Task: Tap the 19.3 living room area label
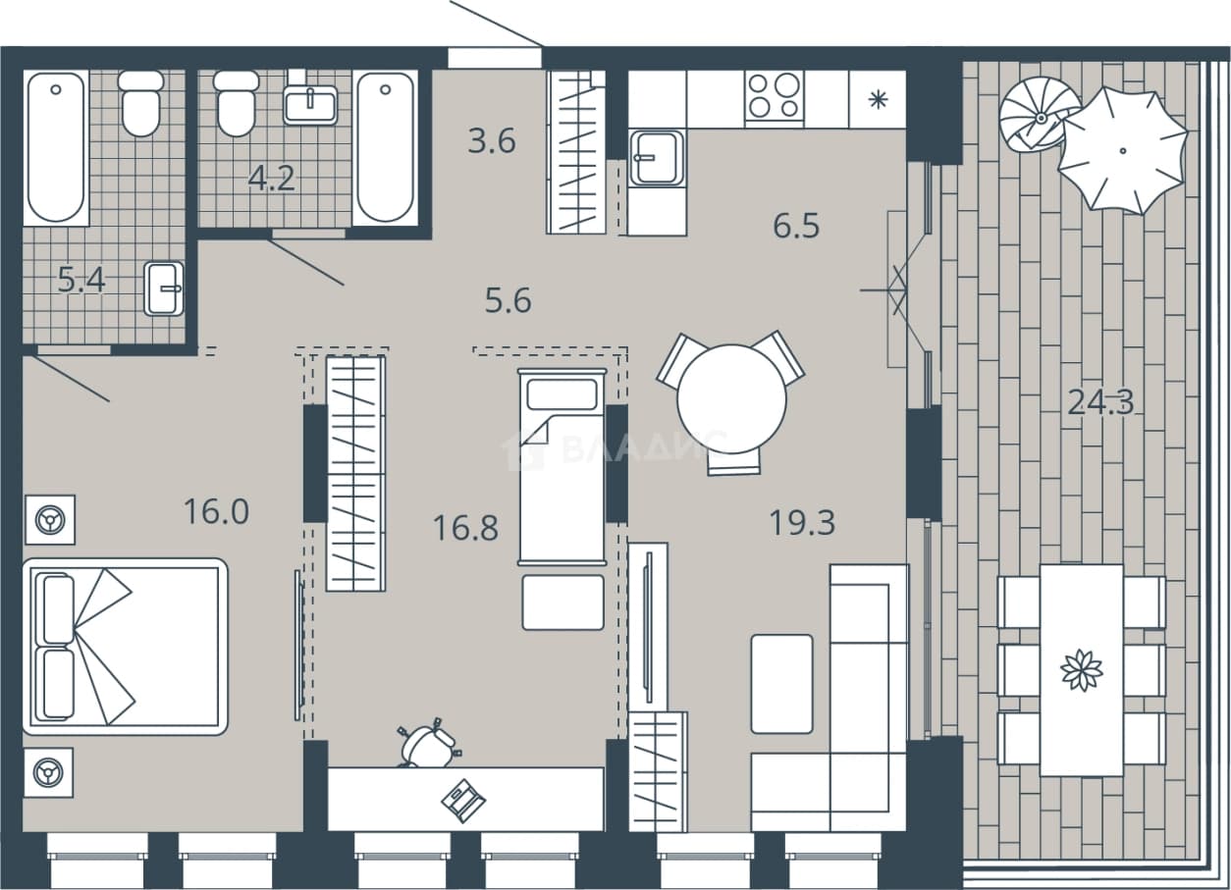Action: tap(802, 522)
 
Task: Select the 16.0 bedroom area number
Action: tap(217, 511)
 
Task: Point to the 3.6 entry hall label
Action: tap(492, 140)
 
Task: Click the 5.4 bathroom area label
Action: tap(81, 281)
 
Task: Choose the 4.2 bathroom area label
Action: tap(272, 178)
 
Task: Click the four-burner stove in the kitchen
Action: tap(775, 99)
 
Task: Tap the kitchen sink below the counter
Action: tap(657, 158)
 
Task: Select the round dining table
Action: tap(731, 398)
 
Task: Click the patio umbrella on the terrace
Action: tap(1122, 150)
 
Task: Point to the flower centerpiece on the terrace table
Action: tap(1082, 669)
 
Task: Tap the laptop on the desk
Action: tap(462, 801)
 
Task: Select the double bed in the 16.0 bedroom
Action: tap(126, 647)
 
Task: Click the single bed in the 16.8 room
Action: tap(562, 467)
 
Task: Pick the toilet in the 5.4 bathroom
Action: tap(141, 103)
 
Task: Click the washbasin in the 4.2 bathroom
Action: tap(310, 104)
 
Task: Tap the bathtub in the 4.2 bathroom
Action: tap(385, 147)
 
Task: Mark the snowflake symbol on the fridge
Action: tap(878, 99)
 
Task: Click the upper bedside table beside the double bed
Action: tap(50, 520)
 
